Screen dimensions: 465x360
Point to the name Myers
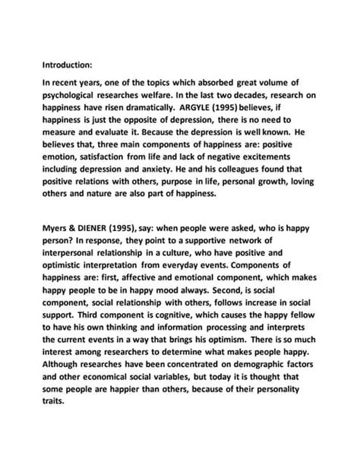click(x=57, y=227)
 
